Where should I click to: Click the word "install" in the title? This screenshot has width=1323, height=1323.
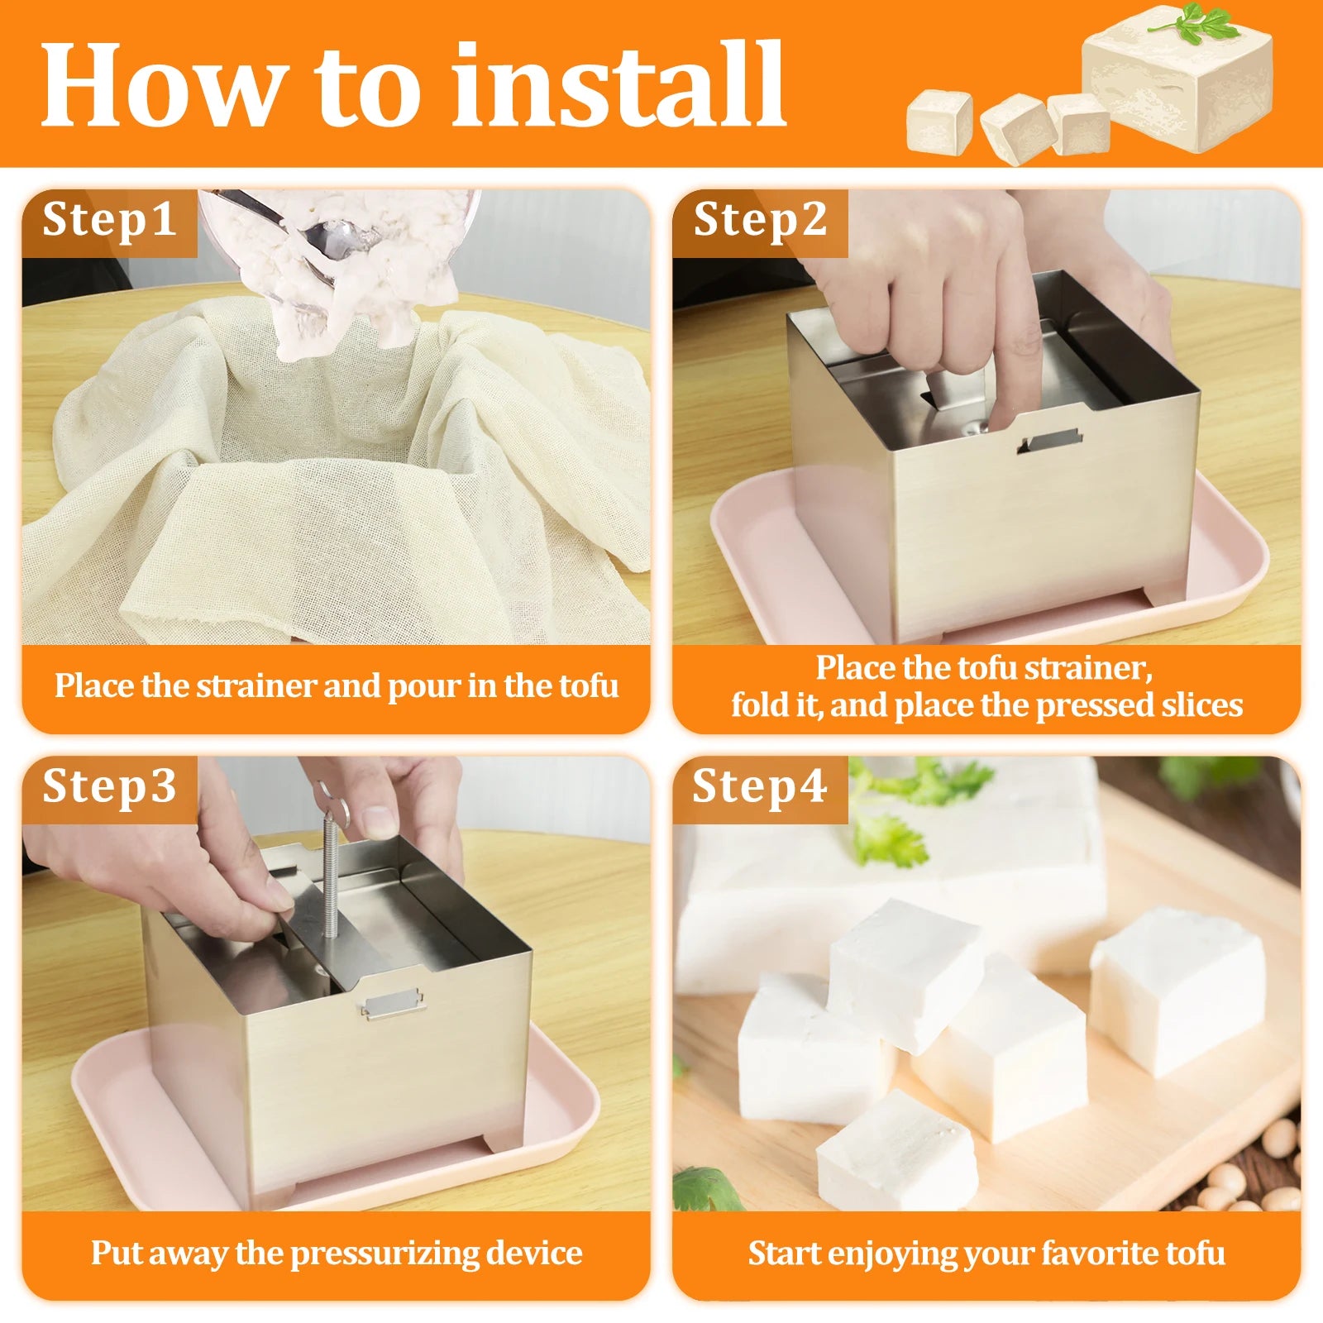pyautogui.click(x=618, y=84)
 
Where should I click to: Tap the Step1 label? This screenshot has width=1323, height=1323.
pyautogui.click(x=109, y=220)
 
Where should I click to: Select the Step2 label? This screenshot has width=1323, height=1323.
pyautogui.click(x=760, y=220)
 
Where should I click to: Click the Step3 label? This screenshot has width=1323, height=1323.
pyautogui.click(x=109, y=786)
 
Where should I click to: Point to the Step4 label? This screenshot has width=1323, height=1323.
pyautogui.click(x=759, y=786)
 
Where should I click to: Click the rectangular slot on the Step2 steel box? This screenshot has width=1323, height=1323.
pyautogui.click(x=1050, y=439)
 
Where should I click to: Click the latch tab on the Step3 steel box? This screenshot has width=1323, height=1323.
pyautogui.click(x=393, y=1005)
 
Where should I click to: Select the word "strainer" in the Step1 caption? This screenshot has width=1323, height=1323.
pyautogui.click(x=256, y=686)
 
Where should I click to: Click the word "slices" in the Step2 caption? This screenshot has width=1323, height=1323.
pyautogui.click(x=1204, y=705)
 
